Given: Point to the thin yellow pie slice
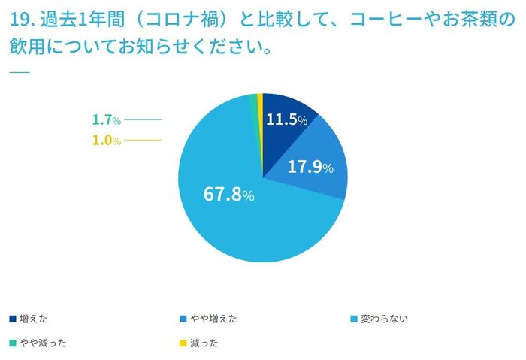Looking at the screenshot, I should point(260,105).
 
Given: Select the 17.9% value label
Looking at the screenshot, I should point(310,167).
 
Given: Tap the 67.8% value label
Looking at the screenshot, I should point(228,194).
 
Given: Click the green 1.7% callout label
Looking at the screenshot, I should point(106,120).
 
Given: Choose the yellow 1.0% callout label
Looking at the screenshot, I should point(106,140).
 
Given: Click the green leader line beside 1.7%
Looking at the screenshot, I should point(143,120).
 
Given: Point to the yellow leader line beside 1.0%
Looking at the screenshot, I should point(143,140).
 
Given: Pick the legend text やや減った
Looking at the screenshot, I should point(44,343).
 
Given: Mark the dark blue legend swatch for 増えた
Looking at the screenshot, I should point(13,319).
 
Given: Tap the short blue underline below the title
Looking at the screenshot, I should point(18,72).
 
